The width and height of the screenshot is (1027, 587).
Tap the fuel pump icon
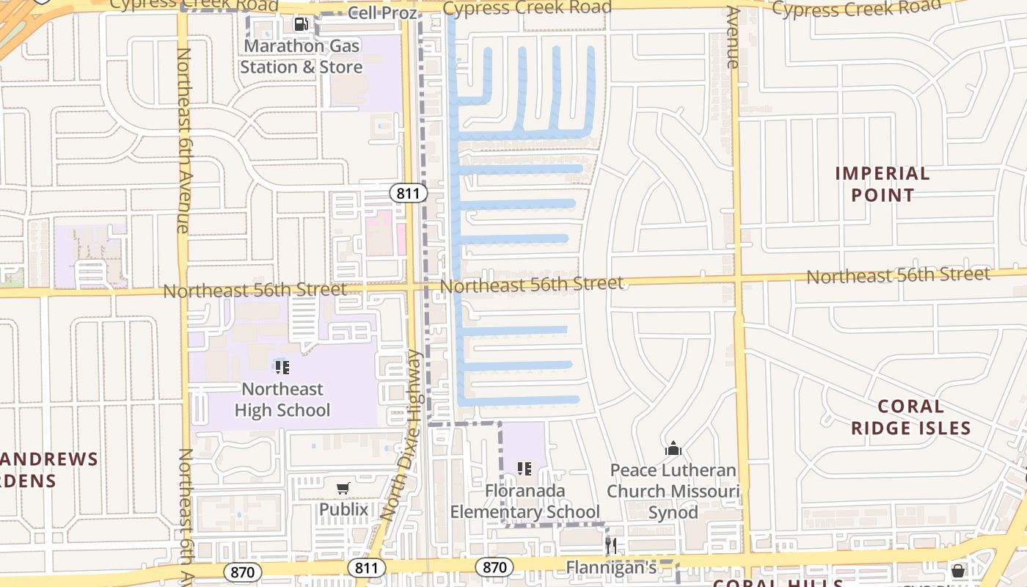point(301,24)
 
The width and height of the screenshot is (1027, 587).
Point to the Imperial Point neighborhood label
point(882,184)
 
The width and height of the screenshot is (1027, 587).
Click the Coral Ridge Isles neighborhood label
point(910,417)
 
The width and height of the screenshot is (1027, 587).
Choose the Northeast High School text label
point(282,399)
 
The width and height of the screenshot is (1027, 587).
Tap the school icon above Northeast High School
point(282,367)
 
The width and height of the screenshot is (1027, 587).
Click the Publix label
point(343,508)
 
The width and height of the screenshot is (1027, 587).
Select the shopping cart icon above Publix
point(343,488)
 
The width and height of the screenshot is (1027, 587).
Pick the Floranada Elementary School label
point(525,501)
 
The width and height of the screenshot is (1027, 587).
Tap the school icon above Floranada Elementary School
point(524,468)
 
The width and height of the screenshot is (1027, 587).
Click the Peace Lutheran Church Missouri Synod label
point(673,491)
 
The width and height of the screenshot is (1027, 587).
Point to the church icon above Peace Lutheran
point(673,448)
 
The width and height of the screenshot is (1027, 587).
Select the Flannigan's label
point(611,567)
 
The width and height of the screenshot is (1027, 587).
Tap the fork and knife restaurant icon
point(610,545)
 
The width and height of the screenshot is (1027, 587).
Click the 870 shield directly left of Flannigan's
point(494,567)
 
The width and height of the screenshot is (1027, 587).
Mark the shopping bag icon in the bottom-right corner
point(958,570)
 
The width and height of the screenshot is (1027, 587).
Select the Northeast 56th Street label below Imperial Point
point(898,275)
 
